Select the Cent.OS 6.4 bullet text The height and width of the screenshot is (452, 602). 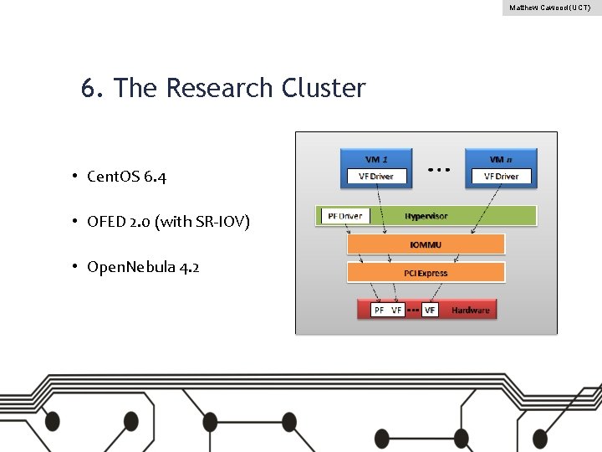[132, 177]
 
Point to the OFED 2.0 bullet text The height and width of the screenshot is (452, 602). [168, 222]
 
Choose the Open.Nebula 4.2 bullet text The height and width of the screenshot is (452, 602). [143, 267]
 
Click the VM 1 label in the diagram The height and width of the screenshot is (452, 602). [376, 157]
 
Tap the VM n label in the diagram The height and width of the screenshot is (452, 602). [502, 157]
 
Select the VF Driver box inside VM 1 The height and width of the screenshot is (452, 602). [375, 176]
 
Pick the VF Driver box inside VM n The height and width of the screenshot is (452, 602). [502, 176]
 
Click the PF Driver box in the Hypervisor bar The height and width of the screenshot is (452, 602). [344, 216]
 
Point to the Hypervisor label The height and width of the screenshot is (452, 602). [426, 216]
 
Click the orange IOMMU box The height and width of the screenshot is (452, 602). [426, 244]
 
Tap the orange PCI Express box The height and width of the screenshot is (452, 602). [426, 273]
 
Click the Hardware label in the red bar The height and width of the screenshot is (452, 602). [471, 310]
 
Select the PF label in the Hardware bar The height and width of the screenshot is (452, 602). [380, 310]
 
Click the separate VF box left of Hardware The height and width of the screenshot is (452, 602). [430, 310]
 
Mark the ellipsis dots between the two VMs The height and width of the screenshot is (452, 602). [439, 168]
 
